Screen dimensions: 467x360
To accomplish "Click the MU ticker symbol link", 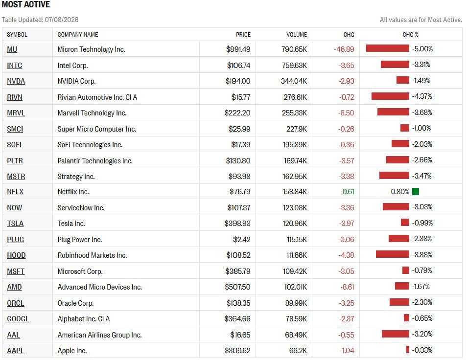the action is tap(12, 49).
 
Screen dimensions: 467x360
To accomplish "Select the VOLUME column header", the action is tap(296, 35).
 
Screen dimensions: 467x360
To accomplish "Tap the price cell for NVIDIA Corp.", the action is tap(238, 81).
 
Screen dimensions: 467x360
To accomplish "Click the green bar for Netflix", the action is tap(416, 192).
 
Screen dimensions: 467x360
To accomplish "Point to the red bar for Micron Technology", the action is tap(388, 48).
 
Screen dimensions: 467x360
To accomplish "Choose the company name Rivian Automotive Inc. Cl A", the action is tap(97, 97).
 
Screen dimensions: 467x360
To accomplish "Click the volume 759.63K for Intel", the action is tap(294, 65).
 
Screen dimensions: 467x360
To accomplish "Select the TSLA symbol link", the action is tap(15, 224).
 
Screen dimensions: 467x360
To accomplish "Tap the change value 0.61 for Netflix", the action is tap(348, 192).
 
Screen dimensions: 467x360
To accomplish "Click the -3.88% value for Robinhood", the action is tap(422, 255).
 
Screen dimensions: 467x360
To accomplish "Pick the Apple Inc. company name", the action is tap(72, 351).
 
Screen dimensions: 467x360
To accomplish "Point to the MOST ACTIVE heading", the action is tap(26, 4).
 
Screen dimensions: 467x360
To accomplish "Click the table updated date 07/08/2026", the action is tap(62, 20).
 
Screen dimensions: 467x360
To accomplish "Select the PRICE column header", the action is tap(243, 35).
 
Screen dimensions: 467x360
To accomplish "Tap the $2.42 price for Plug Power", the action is tap(241, 240).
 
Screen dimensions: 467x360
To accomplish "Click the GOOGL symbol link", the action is tap(18, 319).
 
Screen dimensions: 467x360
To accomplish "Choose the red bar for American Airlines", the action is tap(395, 334).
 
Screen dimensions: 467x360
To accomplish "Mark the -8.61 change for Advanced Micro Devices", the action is tap(347, 287).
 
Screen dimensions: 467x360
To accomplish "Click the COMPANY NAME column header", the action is tap(78, 35).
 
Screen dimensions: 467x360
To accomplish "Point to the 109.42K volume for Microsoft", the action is tap(295, 271).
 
